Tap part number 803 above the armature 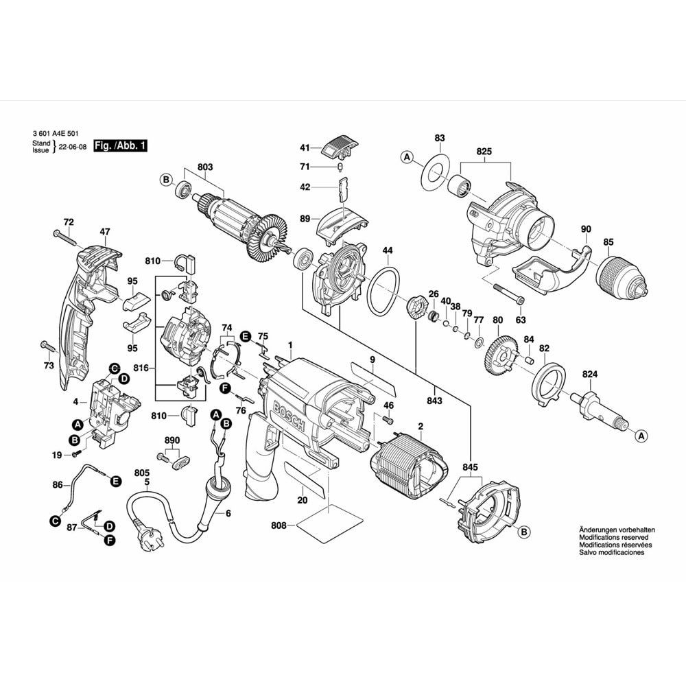click(205, 167)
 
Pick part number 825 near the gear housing click(485, 150)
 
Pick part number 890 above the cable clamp click(172, 440)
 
